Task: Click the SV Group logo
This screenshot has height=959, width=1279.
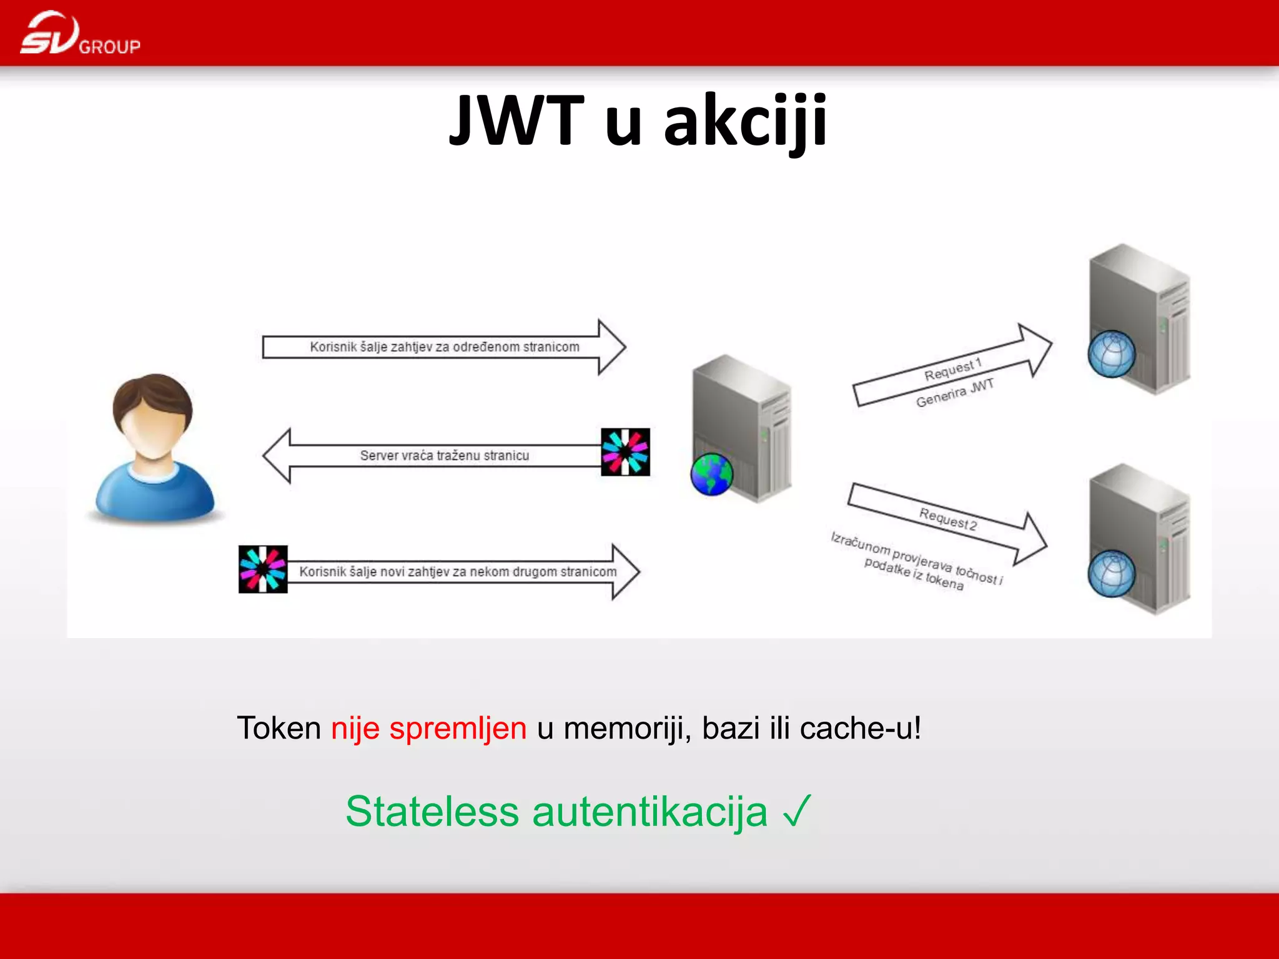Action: click(x=79, y=34)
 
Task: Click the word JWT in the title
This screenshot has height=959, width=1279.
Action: click(x=516, y=120)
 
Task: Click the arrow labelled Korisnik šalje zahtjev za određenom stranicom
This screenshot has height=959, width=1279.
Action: click(x=444, y=347)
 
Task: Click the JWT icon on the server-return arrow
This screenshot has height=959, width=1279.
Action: click(x=625, y=452)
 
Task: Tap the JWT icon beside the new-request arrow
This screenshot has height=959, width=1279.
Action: click(x=263, y=569)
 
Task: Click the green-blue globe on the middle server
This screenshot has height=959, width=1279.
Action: click(x=711, y=475)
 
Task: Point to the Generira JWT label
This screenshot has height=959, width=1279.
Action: click(x=954, y=393)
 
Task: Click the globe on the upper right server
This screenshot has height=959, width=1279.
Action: click(x=1111, y=354)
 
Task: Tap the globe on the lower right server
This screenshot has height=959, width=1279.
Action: click(x=1111, y=573)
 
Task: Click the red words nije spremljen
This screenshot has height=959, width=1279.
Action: click(x=428, y=729)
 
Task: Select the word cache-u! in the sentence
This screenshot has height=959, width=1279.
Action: click(x=860, y=729)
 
